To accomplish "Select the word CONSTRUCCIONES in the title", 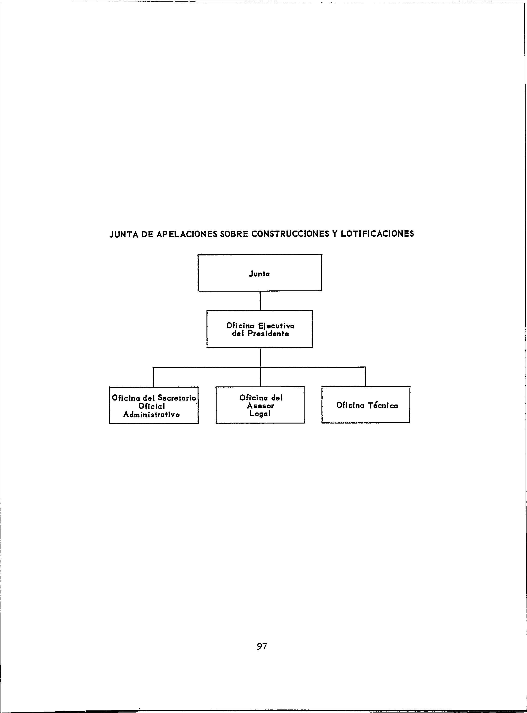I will coord(290,234).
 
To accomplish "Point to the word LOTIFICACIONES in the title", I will coord(377,234).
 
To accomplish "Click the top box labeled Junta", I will coord(260,273).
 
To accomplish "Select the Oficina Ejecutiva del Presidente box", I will coord(260,329).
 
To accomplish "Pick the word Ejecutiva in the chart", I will coord(276,326).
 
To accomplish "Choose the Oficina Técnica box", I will coord(366,405).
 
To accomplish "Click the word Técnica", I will coord(383,406).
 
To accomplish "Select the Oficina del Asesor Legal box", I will coord(260,405).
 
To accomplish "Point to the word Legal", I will coord(260,414).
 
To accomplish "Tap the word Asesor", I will coord(260,406).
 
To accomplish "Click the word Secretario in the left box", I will coord(177,398).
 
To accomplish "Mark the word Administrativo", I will coord(152,415).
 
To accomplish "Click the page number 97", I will coord(262,647).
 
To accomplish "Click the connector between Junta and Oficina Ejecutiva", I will coord(260,301).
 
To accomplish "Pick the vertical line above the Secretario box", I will coord(153,377).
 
